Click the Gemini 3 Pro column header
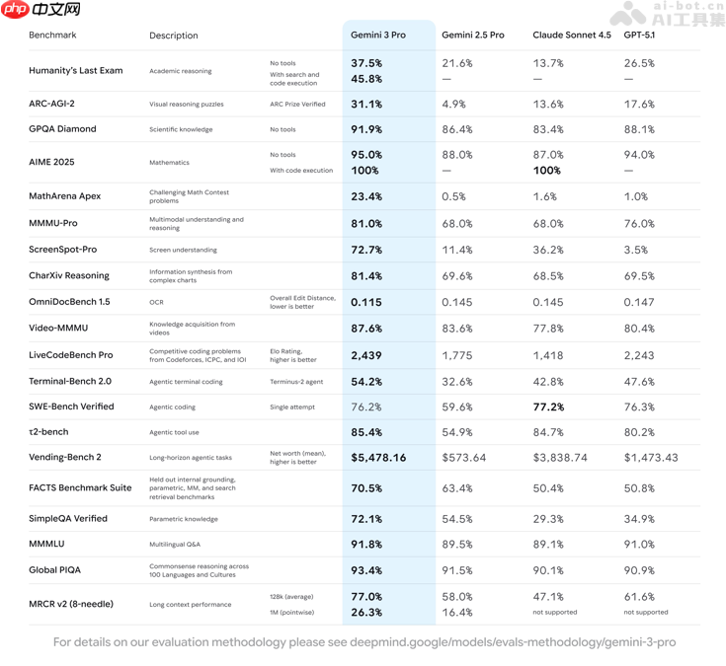click(377, 36)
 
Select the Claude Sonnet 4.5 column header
click(571, 36)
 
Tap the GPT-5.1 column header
click(639, 36)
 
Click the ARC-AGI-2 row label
click(51, 104)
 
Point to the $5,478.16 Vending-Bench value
click(378, 458)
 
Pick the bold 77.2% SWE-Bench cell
click(548, 407)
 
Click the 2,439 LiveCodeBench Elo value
click(366, 355)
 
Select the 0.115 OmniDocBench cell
click(366, 302)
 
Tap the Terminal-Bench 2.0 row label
click(70, 381)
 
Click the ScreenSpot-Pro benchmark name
click(63, 250)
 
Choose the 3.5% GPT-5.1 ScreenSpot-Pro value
click(636, 251)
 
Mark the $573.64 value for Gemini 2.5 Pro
click(463, 458)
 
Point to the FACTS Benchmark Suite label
click(80, 487)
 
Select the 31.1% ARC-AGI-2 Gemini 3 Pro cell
click(366, 104)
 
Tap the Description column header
click(174, 36)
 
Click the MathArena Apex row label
click(65, 196)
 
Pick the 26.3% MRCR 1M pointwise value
click(366, 612)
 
